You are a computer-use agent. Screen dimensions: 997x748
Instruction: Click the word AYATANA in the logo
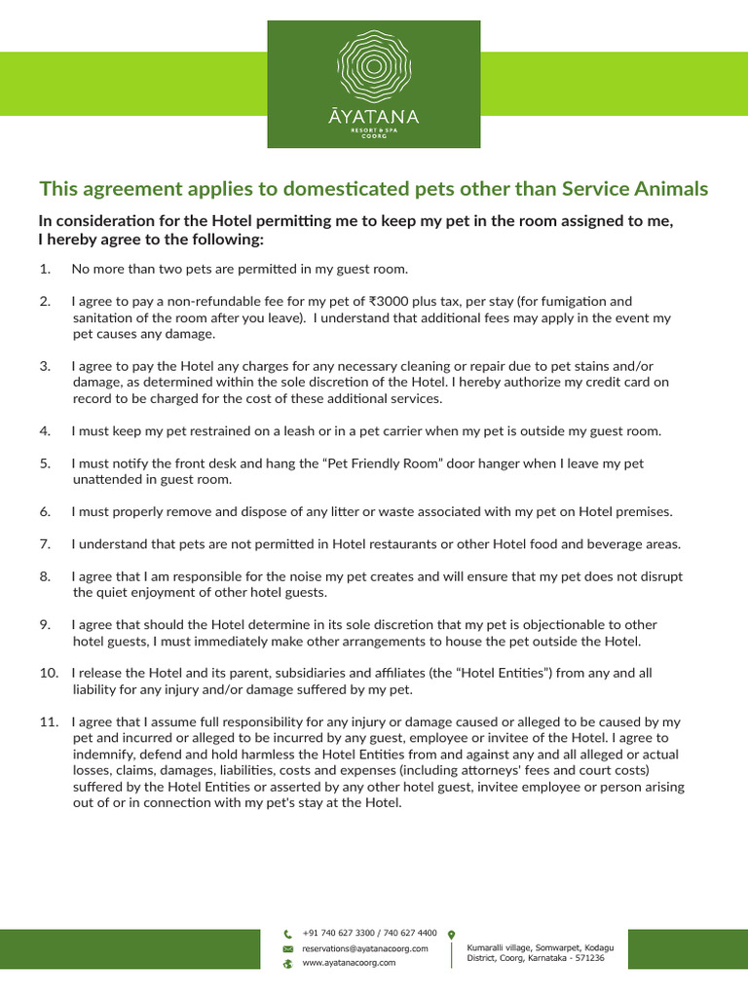coord(374,117)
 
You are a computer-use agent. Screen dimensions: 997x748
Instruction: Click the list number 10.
coord(49,673)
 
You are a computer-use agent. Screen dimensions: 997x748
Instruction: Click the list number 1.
coord(45,269)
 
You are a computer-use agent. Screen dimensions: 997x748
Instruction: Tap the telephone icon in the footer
coord(287,933)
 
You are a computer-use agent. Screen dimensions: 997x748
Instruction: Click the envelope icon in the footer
coord(287,947)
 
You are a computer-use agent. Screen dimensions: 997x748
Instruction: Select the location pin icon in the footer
coord(451,934)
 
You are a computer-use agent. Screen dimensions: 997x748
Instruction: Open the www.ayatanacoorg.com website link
coord(349,963)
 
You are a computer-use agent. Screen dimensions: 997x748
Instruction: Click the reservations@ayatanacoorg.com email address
coord(364,947)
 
